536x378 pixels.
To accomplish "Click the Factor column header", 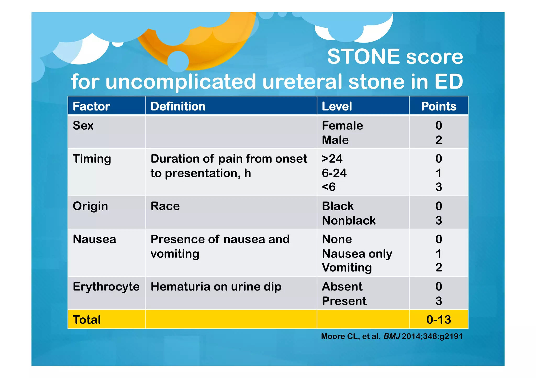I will (x=91, y=106).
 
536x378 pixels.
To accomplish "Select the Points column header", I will (x=438, y=106).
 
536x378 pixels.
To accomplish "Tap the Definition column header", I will (x=178, y=106).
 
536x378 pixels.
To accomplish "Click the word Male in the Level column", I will (x=335, y=140).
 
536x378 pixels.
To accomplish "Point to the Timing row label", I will (x=92, y=159).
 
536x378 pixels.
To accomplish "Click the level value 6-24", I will (x=334, y=173).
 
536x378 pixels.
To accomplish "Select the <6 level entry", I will (x=328, y=187).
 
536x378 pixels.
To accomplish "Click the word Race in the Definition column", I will (x=165, y=206).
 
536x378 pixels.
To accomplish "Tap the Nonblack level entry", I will (x=349, y=220).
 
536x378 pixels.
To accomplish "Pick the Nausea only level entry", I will (x=357, y=254).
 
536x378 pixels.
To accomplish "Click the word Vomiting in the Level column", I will (x=347, y=267).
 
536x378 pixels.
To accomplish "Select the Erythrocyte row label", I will (x=106, y=287).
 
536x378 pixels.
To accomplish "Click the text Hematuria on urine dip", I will (x=216, y=287).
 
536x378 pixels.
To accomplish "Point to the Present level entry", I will (x=344, y=301).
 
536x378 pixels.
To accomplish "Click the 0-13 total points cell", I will (x=438, y=319).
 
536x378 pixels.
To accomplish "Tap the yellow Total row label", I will (x=87, y=319).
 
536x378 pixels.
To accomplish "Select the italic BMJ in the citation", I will (x=392, y=336).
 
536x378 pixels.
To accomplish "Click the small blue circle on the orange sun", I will (x=178, y=62).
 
